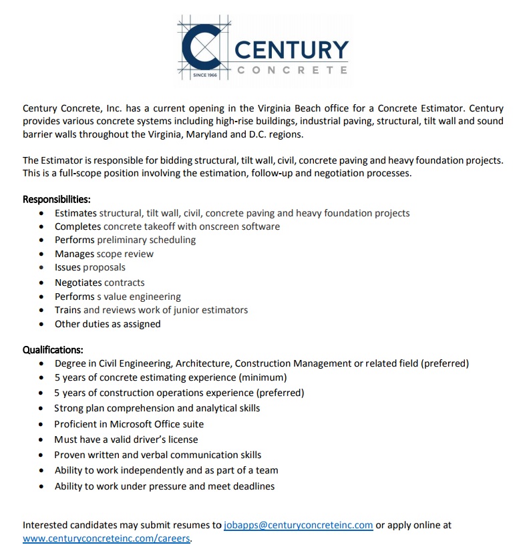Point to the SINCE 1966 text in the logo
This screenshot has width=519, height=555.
[x=206, y=75]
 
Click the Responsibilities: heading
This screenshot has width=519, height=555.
[x=57, y=199]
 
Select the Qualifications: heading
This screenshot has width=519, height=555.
[x=53, y=349]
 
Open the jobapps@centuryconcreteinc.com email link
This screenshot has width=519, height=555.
[x=298, y=525]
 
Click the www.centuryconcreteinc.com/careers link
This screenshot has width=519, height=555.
[x=106, y=538]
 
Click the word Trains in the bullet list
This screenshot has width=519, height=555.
[x=67, y=310]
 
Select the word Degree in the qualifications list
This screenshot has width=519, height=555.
[x=71, y=363]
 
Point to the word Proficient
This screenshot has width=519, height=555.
[x=77, y=424]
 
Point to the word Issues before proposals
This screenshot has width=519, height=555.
[x=67, y=267]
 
